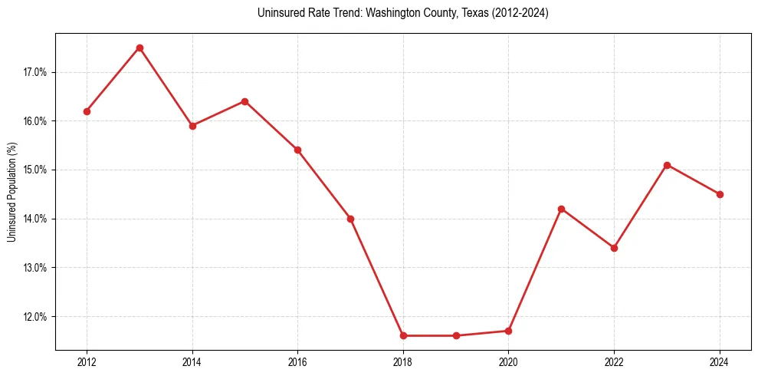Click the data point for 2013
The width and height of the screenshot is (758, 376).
tap(139, 48)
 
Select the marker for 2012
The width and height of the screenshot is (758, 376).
tap(87, 111)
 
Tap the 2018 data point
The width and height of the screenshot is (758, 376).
tap(403, 335)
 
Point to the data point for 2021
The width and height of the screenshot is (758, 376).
tap(561, 209)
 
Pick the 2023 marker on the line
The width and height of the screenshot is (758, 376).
tap(667, 165)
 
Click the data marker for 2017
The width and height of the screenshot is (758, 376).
tap(350, 219)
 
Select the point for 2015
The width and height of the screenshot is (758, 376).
tap(244, 101)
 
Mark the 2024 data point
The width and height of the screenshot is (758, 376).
tap(720, 194)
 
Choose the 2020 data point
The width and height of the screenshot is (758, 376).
tap(509, 331)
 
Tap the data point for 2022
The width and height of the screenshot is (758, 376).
tap(614, 248)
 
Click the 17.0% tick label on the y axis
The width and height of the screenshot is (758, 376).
tap(35, 72)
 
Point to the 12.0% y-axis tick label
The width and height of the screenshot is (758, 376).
tap(35, 316)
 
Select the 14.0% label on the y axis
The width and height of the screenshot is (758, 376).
tap(35, 219)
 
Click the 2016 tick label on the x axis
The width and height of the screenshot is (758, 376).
tap(297, 362)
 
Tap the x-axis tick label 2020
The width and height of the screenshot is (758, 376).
tap(509, 362)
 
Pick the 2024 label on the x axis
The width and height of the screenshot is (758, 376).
tap(720, 362)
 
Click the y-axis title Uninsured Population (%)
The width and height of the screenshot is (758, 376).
tap(11, 191)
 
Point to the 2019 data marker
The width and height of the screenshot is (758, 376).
tap(456, 335)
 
